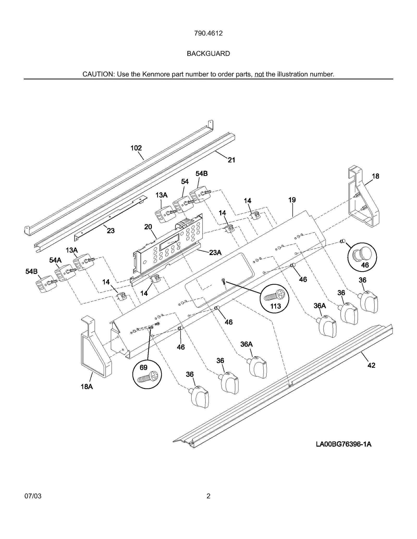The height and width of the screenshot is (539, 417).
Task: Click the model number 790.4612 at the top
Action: (208, 33)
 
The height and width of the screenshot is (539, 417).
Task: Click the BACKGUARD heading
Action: (208, 54)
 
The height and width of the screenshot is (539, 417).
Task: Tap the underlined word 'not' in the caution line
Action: (259, 74)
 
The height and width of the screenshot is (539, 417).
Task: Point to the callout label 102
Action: (136, 148)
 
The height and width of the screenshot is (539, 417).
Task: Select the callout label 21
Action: (231, 160)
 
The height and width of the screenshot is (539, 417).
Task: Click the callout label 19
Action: (292, 200)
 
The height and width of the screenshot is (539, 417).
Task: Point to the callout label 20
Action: (148, 227)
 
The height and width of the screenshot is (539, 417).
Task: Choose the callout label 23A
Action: (215, 252)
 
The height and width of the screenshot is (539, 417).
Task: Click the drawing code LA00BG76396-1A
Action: (344, 444)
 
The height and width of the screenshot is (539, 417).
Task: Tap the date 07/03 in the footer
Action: (33, 496)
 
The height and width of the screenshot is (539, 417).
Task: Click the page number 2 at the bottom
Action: (208, 496)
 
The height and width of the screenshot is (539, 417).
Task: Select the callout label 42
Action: (371, 365)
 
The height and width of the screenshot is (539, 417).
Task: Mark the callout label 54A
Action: (55, 260)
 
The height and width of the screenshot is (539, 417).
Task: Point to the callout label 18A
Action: (87, 387)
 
